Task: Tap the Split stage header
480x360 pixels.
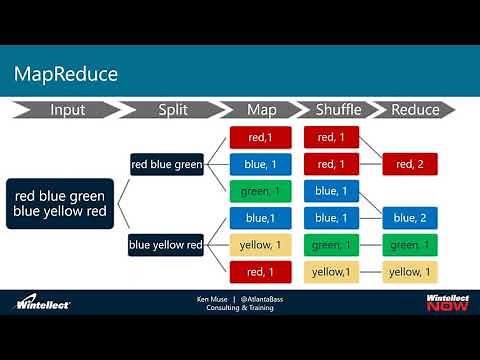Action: [174, 110]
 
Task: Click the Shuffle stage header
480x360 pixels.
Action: [337, 110]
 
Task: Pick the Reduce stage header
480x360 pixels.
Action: [413, 110]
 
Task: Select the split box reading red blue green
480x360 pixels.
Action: [166, 163]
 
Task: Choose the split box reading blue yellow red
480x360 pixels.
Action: [166, 244]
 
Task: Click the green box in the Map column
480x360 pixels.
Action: [260, 190]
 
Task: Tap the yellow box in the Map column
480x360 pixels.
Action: [260, 244]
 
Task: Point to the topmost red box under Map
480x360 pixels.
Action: [260, 136]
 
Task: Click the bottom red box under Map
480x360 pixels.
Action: [260, 271]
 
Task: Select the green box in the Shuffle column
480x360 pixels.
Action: [337, 244]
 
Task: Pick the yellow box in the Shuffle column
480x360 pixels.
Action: [337, 271]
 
